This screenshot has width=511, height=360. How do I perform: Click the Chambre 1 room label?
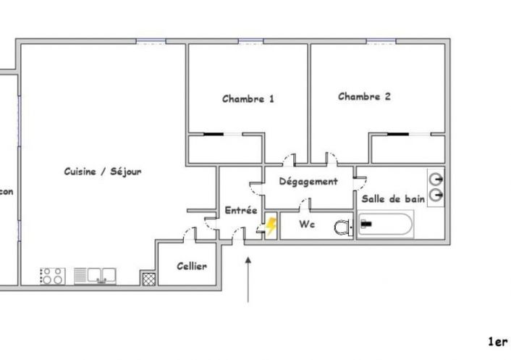click(248, 99)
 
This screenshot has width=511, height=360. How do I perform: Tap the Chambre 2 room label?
click(364, 96)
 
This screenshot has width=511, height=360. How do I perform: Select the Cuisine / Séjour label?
click(102, 172)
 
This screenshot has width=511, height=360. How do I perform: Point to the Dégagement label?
click(308, 182)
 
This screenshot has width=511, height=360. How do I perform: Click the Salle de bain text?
click(393, 199)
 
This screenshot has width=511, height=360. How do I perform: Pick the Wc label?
click(308, 225)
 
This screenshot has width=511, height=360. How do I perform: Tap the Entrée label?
click(241, 210)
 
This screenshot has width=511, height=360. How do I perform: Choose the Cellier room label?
click(192, 266)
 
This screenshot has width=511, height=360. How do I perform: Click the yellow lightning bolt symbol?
click(271, 227)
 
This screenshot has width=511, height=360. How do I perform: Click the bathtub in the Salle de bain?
click(387, 225)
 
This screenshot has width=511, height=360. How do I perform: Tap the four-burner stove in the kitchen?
click(51, 276)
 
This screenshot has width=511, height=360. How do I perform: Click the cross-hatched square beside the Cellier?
click(148, 277)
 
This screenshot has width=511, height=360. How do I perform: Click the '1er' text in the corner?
click(497, 341)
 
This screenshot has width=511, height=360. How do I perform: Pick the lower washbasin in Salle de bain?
click(436, 195)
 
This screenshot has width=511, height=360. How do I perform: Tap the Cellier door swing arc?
click(190, 233)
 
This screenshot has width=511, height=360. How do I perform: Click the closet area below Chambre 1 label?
click(224, 149)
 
